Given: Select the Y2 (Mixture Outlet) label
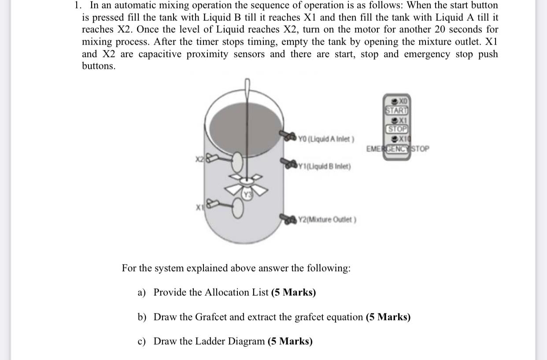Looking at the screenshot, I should click(x=327, y=219).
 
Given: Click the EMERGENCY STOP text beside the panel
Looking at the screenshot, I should click(x=397, y=148).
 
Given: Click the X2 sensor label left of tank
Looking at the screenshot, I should click(x=200, y=158).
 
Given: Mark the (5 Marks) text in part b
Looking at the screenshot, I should click(x=388, y=317).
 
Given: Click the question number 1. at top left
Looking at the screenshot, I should click(x=78, y=5).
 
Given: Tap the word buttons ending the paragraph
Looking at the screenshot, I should click(x=99, y=67).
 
